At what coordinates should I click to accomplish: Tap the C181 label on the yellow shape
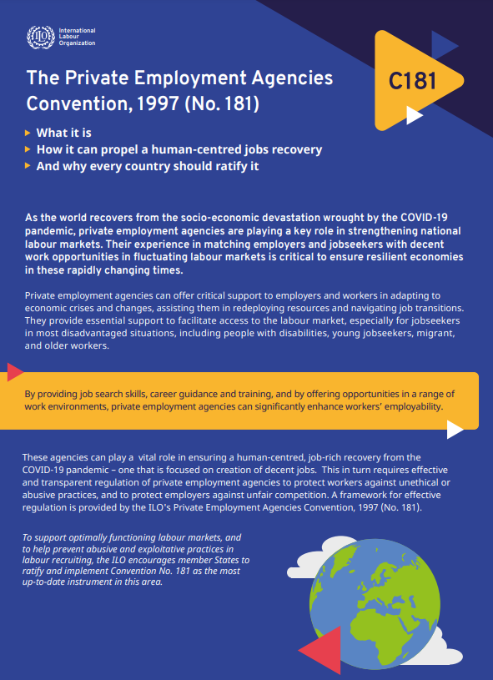[x=413, y=81]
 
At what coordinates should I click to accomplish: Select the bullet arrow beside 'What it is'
[x=28, y=133]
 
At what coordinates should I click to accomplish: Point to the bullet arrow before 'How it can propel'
[x=28, y=149]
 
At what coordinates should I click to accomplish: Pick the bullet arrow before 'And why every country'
[x=28, y=166]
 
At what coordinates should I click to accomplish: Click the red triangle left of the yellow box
[x=14, y=372]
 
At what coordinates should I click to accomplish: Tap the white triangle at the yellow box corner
[x=455, y=429]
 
